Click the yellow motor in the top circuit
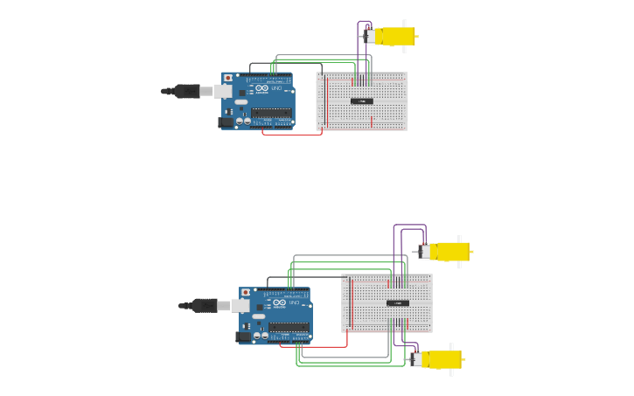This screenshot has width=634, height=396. click(395, 37)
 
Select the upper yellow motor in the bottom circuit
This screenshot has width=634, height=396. click(450, 252)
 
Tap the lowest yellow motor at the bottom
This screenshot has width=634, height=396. click(442, 359)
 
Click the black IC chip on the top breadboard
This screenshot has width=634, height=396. click(361, 101)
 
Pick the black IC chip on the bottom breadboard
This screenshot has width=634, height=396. click(397, 303)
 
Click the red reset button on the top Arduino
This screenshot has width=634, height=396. click(229, 78)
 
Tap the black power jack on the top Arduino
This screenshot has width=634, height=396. click(226, 122)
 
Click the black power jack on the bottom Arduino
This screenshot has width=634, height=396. click(243, 337)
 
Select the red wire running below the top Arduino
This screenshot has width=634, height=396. click(293, 134)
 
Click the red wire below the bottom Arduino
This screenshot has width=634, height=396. click(315, 346)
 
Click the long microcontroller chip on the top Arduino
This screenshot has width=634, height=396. click(271, 112)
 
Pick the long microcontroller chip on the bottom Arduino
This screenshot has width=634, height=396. click(289, 327)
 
